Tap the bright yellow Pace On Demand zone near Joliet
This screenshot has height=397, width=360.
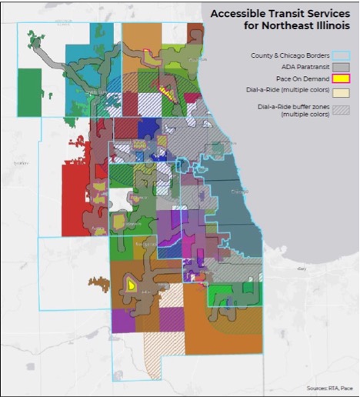(x=132, y=285)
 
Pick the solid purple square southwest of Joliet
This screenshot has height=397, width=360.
(x=123, y=319)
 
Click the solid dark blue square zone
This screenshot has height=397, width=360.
(x=148, y=128)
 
